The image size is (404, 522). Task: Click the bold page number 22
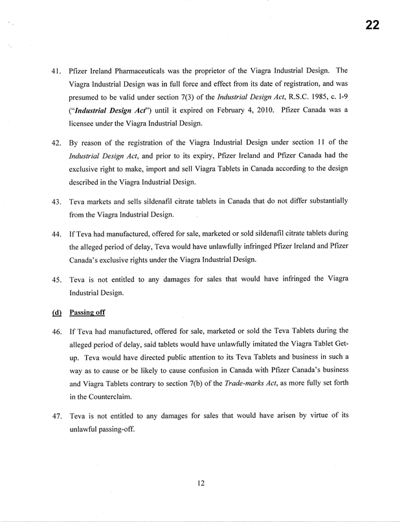371,26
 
